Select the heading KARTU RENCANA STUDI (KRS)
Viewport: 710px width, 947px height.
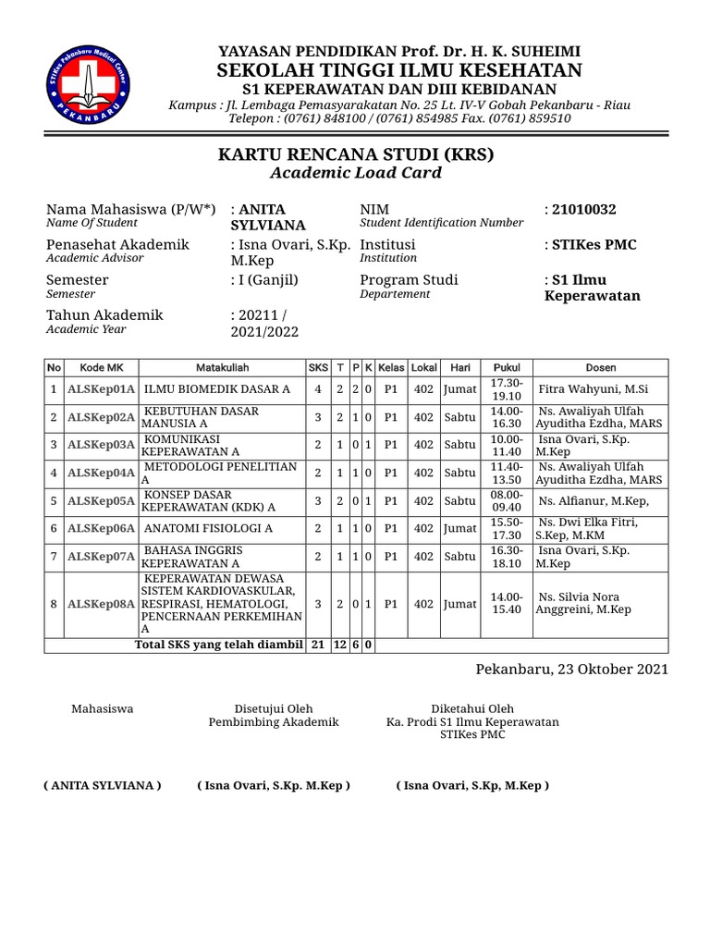click(x=355, y=154)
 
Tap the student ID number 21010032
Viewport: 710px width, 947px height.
click(x=583, y=210)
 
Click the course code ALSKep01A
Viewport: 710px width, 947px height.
click(x=102, y=390)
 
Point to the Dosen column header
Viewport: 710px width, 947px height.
click(x=601, y=368)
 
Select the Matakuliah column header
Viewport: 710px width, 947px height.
click(x=222, y=368)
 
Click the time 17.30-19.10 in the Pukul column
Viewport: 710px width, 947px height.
click(x=507, y=389)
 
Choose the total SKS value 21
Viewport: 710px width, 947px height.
click(x=317, y=645)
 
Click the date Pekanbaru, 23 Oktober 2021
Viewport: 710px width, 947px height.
click(x=571, y=669)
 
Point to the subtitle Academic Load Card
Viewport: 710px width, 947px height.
click(x=355, y=173)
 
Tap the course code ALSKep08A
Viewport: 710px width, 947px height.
click(x=102, y=604)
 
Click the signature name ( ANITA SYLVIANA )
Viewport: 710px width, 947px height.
click(x=103, y=785)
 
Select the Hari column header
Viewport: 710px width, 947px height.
click(x=459, y=368)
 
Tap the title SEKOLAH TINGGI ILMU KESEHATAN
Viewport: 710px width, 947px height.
click(x=399, y=71)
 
